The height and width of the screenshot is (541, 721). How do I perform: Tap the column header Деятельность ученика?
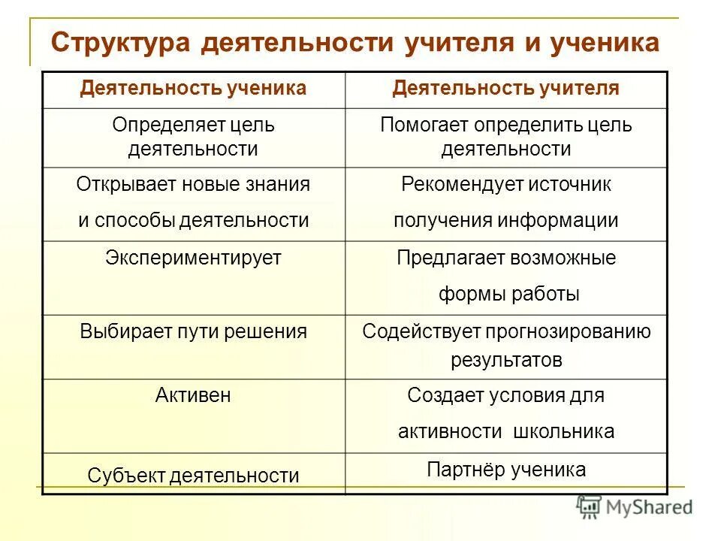click(x=193, y=89)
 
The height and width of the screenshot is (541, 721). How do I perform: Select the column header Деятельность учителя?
click(x=505, y=89)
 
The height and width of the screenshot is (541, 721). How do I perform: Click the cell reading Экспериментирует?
click(x=193, y=258)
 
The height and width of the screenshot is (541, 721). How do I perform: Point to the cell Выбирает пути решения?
click(x=193, y=331)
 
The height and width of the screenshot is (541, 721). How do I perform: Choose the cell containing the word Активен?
click(x=193, y=396)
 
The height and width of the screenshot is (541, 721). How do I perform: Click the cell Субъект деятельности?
click(x=193, y=475)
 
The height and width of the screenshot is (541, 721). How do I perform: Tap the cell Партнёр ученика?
click(x=505, y=470)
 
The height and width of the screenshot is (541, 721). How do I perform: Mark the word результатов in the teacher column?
click(x=505, y=360)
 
